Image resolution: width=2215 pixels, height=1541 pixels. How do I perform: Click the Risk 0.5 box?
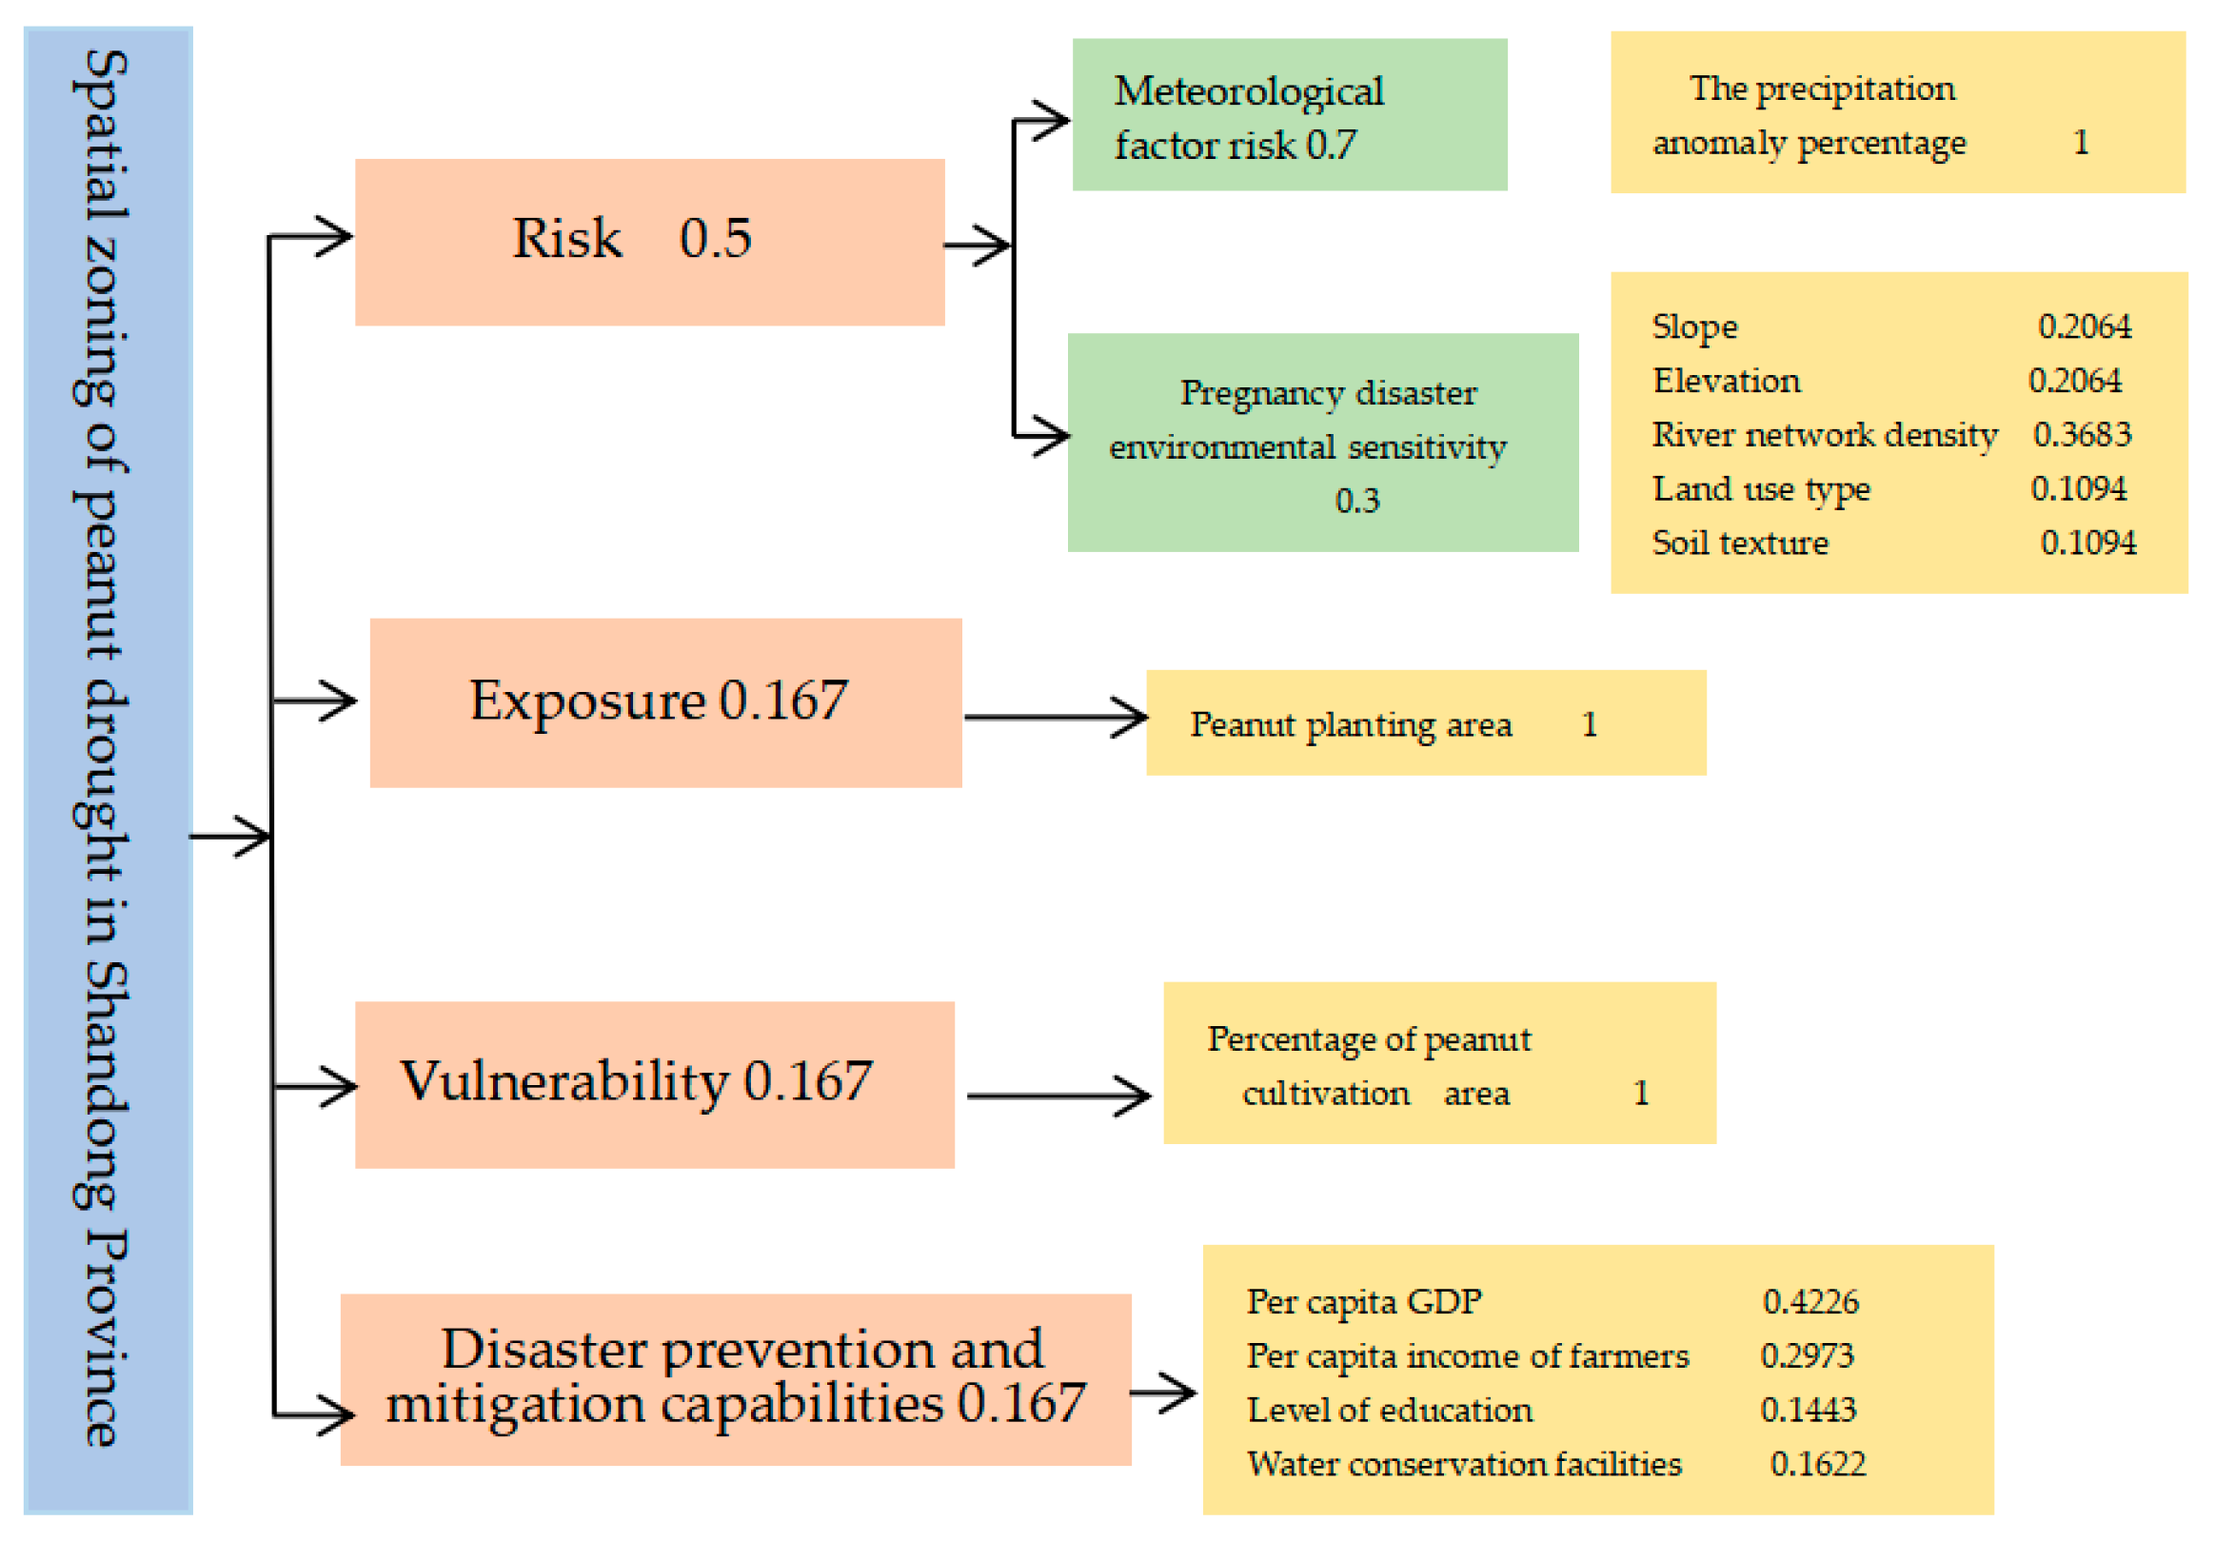point(649,241)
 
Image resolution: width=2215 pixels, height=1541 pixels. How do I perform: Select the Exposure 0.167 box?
point(665,702)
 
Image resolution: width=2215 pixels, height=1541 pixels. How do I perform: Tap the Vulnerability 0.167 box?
point(654,1083)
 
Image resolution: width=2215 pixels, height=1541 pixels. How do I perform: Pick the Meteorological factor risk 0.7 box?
point(1289,115)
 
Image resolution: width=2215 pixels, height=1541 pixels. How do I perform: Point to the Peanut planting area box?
point(1425,722)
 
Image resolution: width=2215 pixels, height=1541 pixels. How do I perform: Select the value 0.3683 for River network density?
point(2081,434)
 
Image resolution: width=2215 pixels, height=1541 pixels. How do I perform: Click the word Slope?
point(1694,327)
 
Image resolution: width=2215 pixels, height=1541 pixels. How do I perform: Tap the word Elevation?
point(1726,381)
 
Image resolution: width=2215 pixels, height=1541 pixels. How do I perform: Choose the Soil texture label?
point(1739,543)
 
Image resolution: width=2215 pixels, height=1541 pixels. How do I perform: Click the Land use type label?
point(1761,489)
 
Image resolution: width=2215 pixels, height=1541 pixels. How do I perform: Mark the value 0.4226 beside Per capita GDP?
point(1810,1302)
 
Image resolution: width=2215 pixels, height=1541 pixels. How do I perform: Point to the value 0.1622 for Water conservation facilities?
point(1816,1464)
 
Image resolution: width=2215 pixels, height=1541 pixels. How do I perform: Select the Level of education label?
point(1389,1410)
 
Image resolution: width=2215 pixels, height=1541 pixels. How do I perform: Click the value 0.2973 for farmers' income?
point(1806,1355)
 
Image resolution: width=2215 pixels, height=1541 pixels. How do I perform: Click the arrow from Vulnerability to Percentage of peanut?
point(1058,1096)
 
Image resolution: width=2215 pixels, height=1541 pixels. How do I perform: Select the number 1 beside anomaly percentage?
point(2081,143)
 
